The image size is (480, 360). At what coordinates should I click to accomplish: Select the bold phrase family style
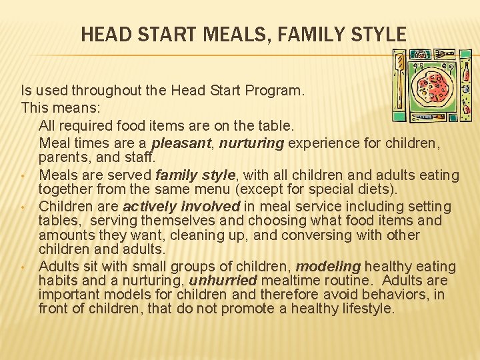point(195,175)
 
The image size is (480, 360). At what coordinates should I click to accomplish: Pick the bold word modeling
point(324,267)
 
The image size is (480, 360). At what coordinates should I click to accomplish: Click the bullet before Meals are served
point(23,177)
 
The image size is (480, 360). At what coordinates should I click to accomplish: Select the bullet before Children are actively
point(23,207)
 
